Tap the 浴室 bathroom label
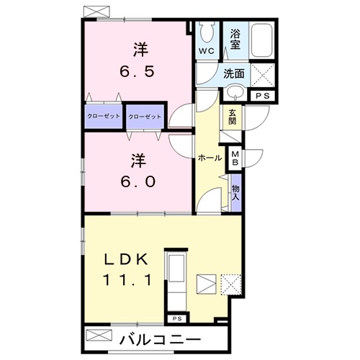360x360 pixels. pos(235,40)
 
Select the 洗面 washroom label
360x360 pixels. pos(233,73)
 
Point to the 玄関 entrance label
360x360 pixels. pos(232,116)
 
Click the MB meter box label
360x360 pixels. pos(235,158)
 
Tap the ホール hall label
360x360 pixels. pos(210,157)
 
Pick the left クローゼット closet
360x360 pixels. pos(104,116)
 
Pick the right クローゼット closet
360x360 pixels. pos(145,116)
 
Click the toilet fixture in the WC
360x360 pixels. pos(207,32)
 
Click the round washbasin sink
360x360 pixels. pos(234,94)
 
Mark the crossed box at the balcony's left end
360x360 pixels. pos(99,335)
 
